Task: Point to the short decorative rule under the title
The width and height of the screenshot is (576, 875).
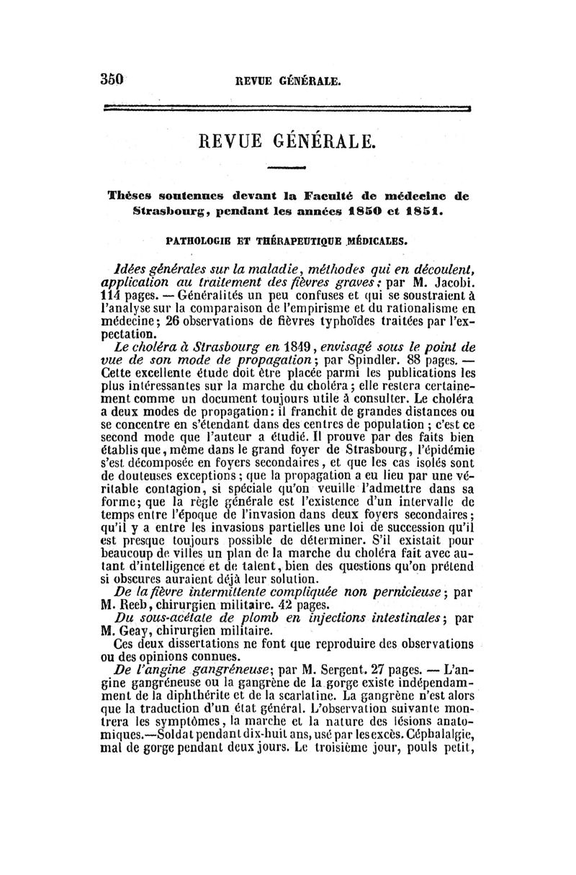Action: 287,168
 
